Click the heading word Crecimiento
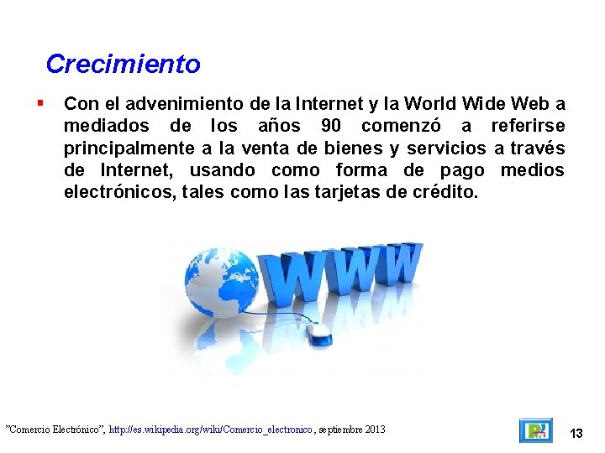click(123, 64)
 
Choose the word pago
click(461, 170)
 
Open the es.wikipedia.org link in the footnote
click(211, 430)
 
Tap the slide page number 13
click(576, 434)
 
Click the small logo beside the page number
click(535, 430)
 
